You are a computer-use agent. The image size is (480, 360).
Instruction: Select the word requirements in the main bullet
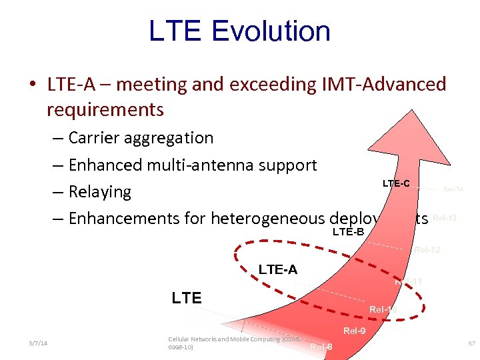click(x=105, y=109)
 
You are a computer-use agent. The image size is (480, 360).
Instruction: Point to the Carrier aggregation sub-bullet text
click(x=141, y=138)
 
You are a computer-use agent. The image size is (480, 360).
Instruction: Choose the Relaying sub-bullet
click(x=99, y=192)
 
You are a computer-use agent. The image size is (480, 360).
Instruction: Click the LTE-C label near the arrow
click(x=396, y=183)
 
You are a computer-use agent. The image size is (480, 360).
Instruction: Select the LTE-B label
click(x=348, y=232)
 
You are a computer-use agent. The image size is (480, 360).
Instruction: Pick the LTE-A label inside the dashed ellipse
click(x=278, y=269)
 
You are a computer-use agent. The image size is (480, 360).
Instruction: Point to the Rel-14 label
click(x=453, y=189)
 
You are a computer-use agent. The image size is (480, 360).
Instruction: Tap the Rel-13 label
click(x=444, y=218)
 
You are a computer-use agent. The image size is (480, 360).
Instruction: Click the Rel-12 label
click(x=427, y=251)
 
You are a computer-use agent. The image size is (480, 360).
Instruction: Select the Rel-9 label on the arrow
click(x=354, y=331)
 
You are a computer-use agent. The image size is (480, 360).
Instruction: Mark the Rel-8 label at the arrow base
click(x=321, y=347)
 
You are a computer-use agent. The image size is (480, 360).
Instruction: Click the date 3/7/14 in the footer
click(x=38, y=343)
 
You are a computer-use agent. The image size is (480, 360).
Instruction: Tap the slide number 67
click(x=471, y=343)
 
